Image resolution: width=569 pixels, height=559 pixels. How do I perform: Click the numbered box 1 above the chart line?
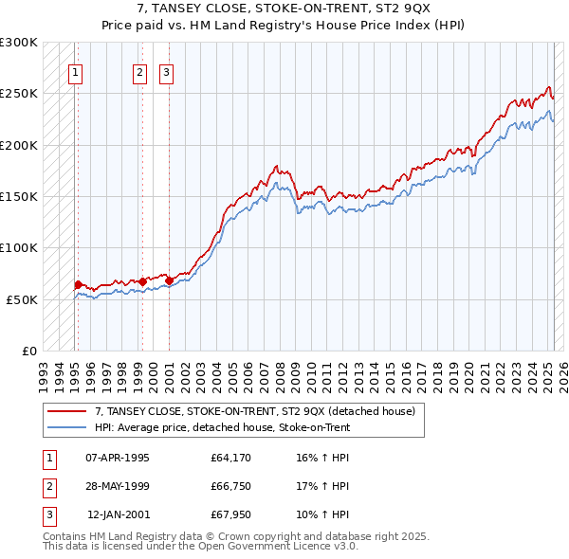75,72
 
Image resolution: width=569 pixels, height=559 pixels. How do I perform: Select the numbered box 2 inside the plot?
139,72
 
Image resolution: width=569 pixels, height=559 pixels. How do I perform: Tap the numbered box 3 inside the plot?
166,72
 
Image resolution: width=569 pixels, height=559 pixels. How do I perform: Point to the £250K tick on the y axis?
20,94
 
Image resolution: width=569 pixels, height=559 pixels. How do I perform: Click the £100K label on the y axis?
20,247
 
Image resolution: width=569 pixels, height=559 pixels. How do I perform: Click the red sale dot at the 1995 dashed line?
78,284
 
